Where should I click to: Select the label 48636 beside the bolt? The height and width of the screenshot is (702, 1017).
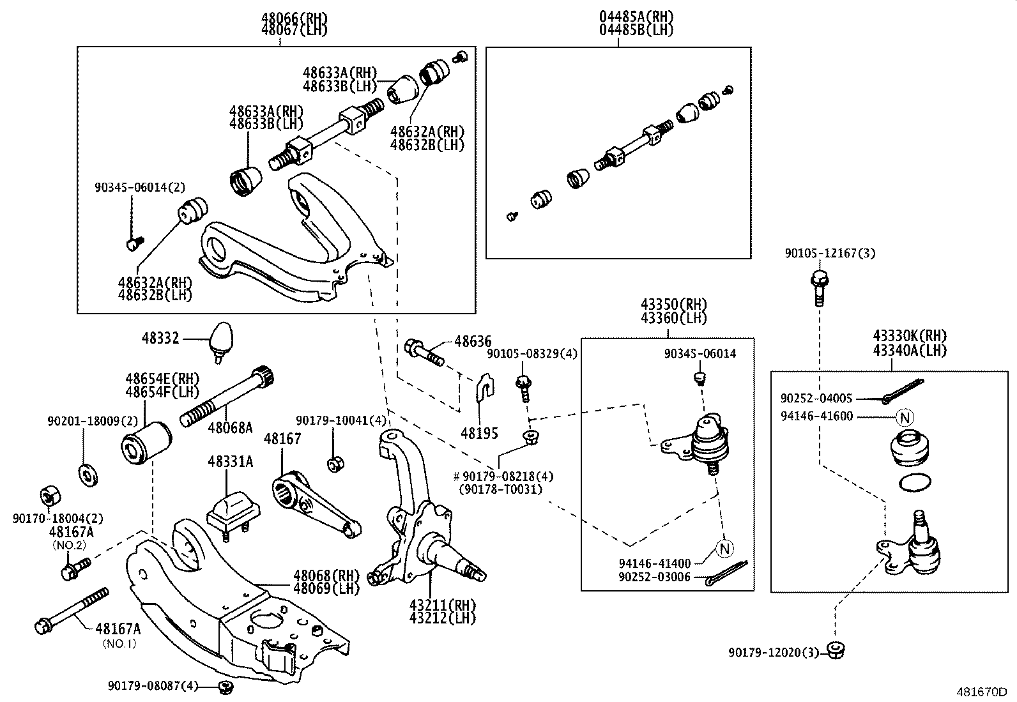(473, 342)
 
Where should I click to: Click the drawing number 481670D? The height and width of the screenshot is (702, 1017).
(981, 692)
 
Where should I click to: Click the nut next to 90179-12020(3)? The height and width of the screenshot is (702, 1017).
(836, 650)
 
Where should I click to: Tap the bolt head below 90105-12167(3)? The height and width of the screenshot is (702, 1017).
(819, 279)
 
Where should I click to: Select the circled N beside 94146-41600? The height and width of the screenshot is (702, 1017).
(905, 418)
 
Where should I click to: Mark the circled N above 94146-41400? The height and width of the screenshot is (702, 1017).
(724, 547)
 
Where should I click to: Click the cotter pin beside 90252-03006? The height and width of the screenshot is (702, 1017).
(727, 573)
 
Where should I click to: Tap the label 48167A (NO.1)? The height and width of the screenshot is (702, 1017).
(119, 630)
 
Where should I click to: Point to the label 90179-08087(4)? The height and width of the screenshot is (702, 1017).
(153, 685)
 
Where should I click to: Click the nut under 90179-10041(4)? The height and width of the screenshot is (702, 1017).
(333, 463)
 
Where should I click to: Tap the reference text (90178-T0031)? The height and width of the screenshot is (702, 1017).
(501, 489)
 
